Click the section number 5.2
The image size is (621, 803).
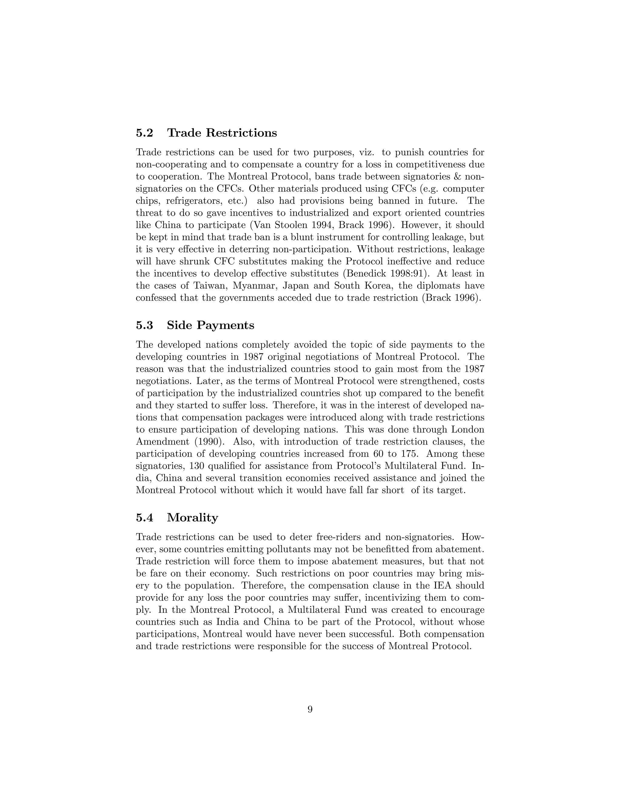tap(144, 133)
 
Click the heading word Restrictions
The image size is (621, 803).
tap(241, 133)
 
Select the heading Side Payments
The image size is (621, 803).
tap(210, 325)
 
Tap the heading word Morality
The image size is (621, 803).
tap(193, 518)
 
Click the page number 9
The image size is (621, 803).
tap(310, 709)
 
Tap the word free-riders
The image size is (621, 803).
tap(338, 537)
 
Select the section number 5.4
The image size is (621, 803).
tap(144, 518)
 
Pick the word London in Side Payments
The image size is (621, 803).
tap(468, 429)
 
